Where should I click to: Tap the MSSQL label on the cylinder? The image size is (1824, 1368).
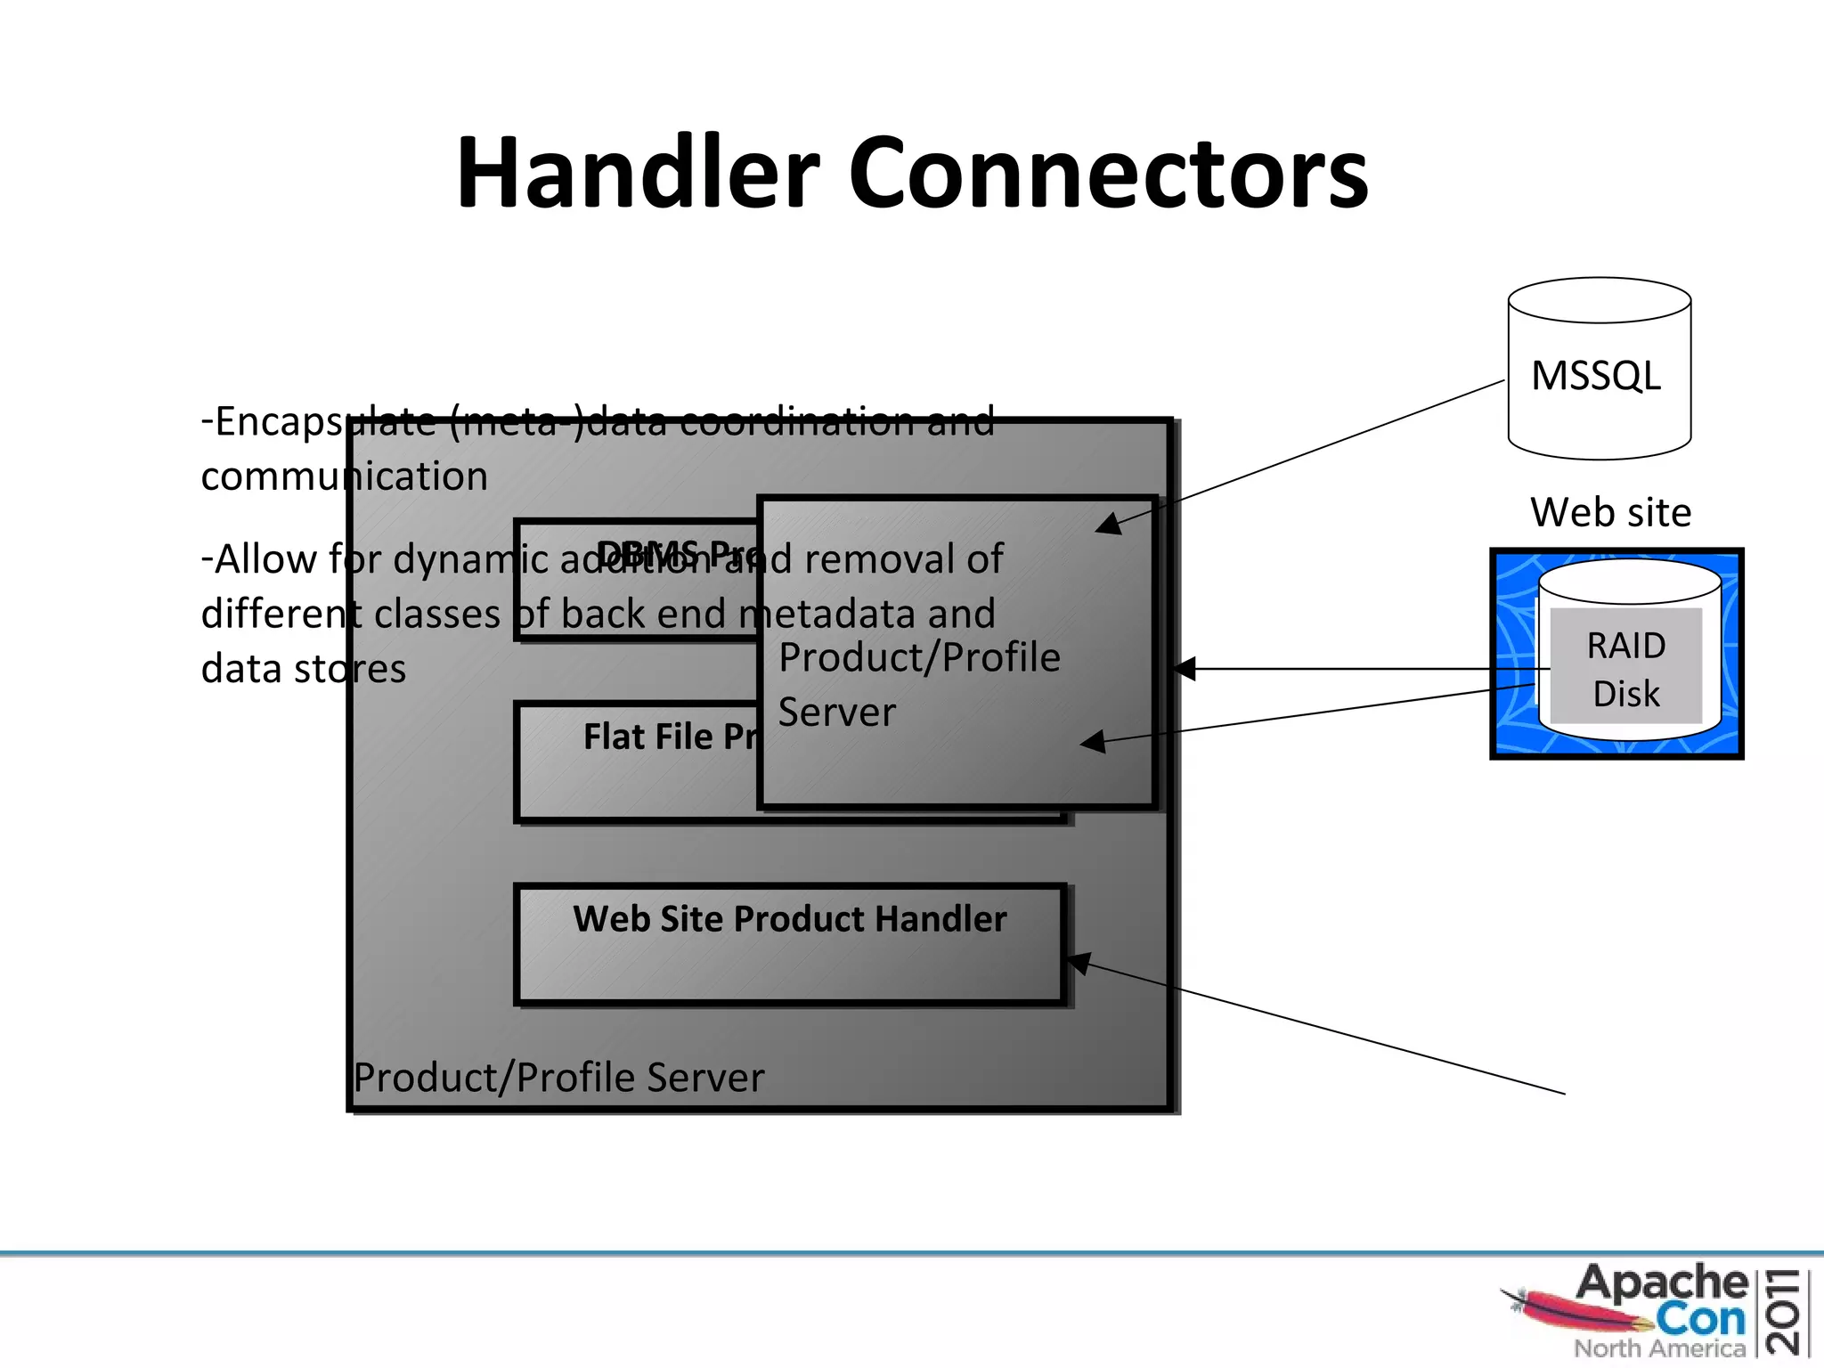(x=1596, y=375)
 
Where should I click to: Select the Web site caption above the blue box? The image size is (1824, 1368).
(x=1610, y=512)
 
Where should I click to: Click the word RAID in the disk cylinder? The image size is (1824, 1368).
(x=1625, y=645)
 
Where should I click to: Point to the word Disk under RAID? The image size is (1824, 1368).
(x=1625, y=693)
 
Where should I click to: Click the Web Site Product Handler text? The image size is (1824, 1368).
(x=789, y=918)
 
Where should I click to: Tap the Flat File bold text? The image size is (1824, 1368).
(x=647, y=737)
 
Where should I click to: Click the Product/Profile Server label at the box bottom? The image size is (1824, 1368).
(x=558, y=1077)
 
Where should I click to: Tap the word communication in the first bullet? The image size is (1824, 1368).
(x=344, y=476)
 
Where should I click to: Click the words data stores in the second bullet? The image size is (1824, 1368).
(x=303, y=668)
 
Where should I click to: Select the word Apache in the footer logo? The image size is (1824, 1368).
(x=1661, y=1283)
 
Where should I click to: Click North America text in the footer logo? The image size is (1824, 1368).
(x=1659, y=1348)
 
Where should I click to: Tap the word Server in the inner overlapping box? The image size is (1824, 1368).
(x=836, y=712)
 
